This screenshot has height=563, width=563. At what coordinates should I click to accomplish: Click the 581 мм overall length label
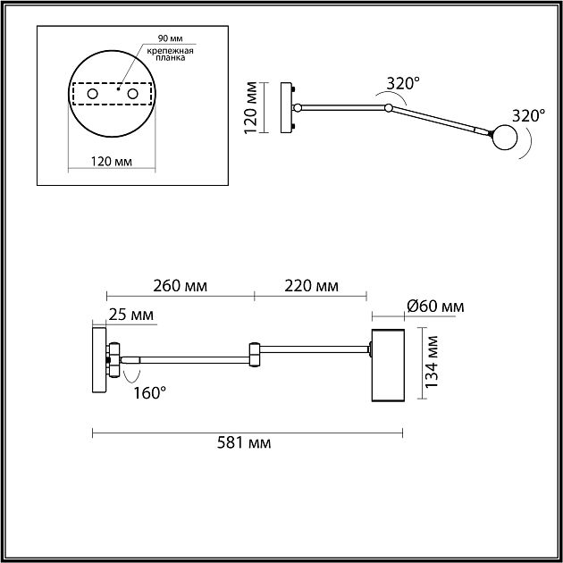pos(246,443)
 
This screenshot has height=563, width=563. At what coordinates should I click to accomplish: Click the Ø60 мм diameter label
pos(434,307)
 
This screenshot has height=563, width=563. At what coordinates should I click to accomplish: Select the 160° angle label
pos(147,391)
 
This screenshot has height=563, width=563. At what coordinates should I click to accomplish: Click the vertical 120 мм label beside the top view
pos(253,108)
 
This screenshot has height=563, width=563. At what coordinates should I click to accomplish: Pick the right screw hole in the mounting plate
pos(133,93)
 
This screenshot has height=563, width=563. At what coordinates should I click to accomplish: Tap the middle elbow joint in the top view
pos(388,108)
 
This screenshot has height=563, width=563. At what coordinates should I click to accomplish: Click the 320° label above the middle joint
pos(402,84)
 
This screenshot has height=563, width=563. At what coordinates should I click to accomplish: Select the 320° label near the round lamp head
pos(528,115)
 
